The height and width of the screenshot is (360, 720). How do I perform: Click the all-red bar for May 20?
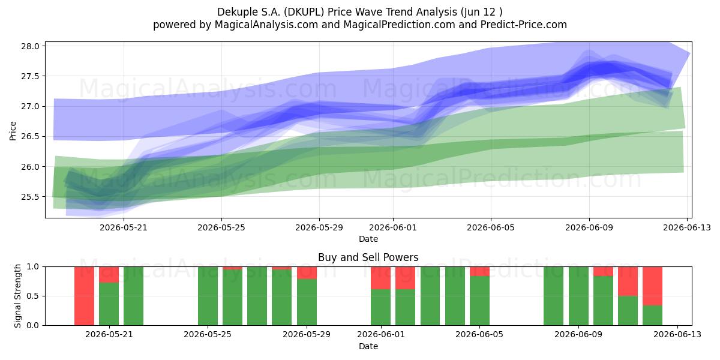(84, 296)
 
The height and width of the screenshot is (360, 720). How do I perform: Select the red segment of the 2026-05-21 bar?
(109, 275)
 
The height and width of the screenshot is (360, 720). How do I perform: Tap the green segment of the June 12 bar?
(653, 316)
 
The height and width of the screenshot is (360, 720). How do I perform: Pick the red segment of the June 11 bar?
(628, 281)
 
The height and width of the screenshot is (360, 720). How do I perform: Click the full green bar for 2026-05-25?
(208, 296)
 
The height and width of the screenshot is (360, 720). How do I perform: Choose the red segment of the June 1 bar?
(380, 278)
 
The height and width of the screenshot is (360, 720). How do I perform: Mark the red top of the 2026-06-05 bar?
(479, 271)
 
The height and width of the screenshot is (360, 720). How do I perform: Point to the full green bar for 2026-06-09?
(578, 296)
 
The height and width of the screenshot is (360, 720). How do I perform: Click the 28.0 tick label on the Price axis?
(30, 46)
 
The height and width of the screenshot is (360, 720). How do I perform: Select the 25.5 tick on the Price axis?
(30, 197)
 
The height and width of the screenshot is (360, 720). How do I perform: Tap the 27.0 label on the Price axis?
(30, 106)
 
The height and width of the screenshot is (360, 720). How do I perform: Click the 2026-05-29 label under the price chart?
(319, 227)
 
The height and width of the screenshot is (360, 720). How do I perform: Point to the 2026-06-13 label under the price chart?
(687, 227)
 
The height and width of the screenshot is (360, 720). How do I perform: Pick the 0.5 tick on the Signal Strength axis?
(33, 296)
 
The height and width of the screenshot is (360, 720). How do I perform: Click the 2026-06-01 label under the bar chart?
(381, 334)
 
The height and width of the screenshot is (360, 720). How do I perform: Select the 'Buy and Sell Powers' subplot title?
(368, 257)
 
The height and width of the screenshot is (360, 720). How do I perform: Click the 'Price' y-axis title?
(13, 131)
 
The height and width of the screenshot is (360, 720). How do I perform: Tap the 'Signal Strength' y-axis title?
(17, 296)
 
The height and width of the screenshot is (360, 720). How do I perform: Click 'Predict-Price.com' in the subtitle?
(524, 25)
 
